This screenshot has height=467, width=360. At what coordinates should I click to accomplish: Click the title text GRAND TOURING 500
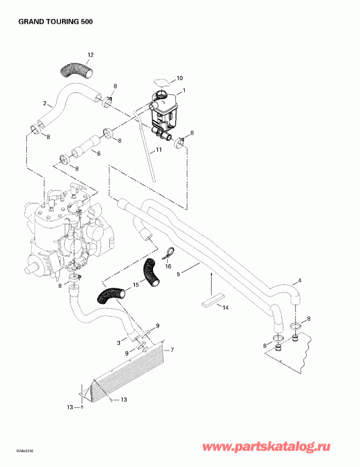click(51, 22)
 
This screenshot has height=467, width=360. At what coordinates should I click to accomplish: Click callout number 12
click(90, 53)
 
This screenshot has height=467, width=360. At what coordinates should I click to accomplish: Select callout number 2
click(44, 103)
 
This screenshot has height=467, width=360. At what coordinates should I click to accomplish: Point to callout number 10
click(179, 78)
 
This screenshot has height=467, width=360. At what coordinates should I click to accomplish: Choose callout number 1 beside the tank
click(183, 90)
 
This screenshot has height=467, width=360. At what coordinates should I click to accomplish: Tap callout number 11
click(158, 150)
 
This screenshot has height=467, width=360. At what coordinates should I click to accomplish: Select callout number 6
click(98, 154)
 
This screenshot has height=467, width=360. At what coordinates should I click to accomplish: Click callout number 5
click(179, 275)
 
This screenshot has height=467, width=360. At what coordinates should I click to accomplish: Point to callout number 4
click(299, 280)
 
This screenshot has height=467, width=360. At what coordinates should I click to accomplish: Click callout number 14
click(226, 307)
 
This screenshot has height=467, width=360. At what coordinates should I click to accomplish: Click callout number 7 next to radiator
click(172, 350)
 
